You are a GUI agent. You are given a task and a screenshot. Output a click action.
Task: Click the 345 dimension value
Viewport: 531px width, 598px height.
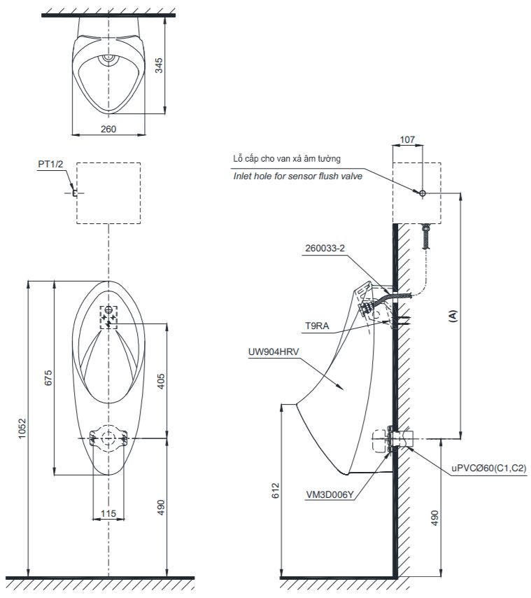point(159,65)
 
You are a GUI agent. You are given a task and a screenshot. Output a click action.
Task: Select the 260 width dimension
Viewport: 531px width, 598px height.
point(108,128)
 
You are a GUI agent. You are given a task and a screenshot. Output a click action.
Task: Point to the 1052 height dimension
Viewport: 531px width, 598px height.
point(22,428)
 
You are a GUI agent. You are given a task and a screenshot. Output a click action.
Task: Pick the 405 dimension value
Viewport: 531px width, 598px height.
point(160,381)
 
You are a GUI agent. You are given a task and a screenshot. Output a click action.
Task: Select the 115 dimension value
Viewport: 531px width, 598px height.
point(108,513)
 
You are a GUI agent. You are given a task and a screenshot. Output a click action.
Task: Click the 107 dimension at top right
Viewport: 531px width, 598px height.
point(409,139)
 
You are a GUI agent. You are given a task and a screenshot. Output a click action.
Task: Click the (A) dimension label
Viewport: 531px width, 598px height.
point(453,315)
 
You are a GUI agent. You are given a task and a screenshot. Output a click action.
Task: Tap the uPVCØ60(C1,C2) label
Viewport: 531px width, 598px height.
point(489,468)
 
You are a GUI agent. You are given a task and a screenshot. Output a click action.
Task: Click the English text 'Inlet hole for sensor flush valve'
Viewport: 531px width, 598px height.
point(297,176)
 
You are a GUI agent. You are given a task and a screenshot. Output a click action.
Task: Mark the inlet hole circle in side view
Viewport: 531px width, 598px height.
point(422,193)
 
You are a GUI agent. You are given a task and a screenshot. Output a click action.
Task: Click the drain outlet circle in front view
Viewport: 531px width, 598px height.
point(108,438)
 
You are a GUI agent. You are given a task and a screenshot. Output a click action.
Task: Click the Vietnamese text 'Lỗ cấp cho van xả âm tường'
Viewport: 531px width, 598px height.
point(287,160)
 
